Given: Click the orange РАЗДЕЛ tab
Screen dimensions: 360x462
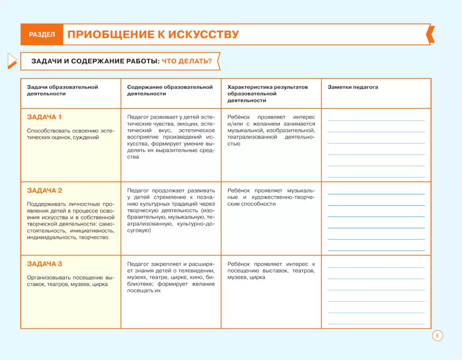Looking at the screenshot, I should point(42,35).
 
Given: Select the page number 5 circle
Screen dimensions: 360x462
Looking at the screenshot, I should point(437,336).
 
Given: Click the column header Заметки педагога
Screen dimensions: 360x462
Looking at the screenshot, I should point(353,87).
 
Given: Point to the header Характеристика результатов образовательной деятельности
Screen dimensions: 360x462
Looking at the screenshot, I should point(267,93).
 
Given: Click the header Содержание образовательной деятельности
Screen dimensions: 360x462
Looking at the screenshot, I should point(170,90).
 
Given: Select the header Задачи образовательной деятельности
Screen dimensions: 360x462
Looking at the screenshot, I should point(62,90).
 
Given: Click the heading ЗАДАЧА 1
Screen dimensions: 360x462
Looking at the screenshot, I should point(44,117).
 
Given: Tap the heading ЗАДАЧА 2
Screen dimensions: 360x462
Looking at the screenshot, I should point(44,191).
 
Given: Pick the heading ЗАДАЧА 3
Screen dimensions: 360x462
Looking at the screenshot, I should point(44,264).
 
